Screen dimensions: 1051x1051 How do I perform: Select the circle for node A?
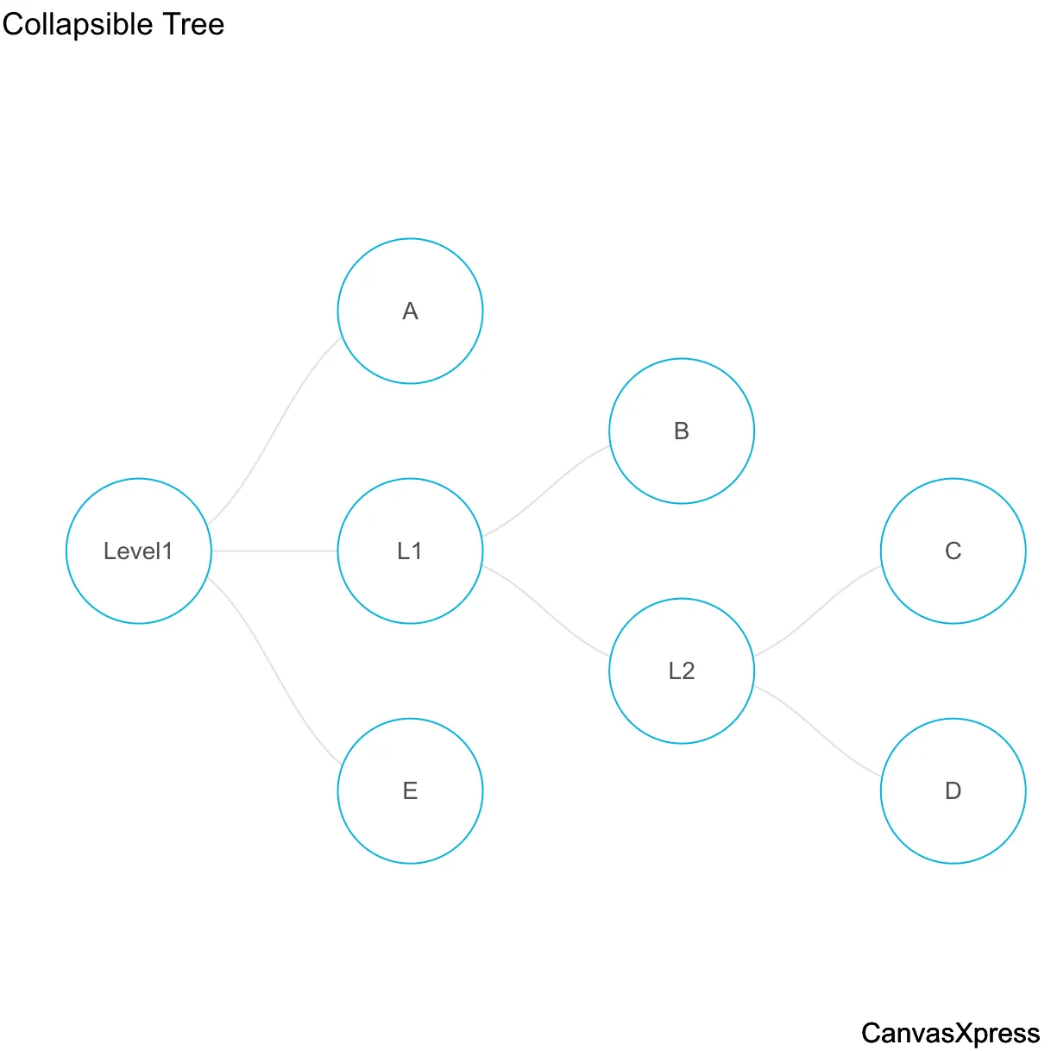(x=410, y=312)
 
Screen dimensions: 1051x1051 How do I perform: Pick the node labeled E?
(x=410, y=791)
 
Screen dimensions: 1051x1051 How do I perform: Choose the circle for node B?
(x=682, y=431)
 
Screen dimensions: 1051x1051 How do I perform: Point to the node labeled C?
(x=953, y=551)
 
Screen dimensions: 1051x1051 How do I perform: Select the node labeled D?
(x=953, y=791)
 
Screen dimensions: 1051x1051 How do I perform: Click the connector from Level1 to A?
(x=273, y=431)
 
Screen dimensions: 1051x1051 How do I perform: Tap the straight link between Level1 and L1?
(x=274, y=551)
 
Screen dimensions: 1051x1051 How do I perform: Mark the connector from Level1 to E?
(x=273, y=670)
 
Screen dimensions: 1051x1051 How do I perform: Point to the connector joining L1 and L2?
(x=545, y=611)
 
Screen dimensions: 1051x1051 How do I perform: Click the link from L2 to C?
(x=817, y=611)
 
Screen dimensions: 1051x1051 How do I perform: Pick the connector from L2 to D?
(x=817, y=731)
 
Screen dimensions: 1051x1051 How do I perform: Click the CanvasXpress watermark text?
(x=950, y=1033)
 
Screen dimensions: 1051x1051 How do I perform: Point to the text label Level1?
(x=138, y=551)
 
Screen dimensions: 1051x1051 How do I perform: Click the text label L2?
(x=682, y=671)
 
